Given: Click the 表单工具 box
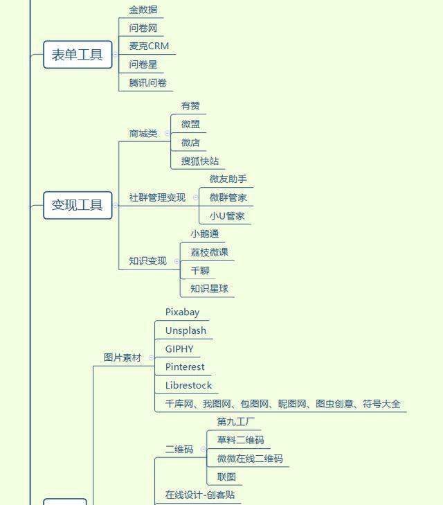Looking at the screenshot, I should (78, 55).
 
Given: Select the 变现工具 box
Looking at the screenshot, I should (78, 205).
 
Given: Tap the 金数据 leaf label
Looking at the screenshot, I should (143, 10).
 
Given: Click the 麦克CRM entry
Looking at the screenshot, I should (149, 46).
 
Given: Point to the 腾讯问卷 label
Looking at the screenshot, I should (148, 83).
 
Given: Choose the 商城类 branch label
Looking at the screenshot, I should (143, 134).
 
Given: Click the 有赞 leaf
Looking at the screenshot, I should (190, 106).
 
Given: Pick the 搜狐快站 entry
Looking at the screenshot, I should (200, 161).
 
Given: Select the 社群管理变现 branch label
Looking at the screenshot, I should (158, 197).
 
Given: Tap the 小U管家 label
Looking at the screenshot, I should (227, 216).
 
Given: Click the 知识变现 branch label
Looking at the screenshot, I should (148, 261).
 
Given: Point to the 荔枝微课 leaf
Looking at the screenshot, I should (209, 252).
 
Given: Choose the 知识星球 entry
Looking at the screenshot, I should (209, 289).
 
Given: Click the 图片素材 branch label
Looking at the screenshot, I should (123, 357).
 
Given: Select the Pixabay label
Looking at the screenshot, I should (182, 312).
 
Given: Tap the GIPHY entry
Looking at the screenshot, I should (179, 349).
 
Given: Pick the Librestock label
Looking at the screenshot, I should (188, 386).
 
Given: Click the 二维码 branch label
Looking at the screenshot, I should (179, 450).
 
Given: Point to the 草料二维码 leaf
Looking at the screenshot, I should (240, 440).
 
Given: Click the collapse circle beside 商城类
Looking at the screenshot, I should (168, 133).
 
